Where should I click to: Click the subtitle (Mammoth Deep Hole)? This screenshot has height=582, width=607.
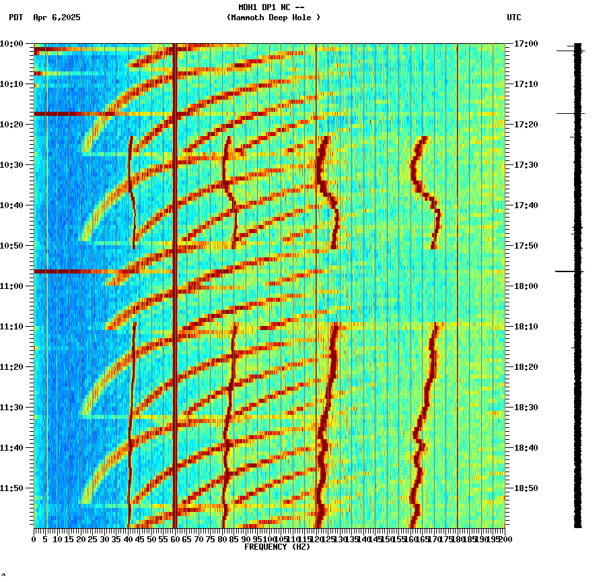(x=273, y=18)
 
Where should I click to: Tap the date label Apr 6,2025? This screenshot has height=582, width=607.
(x=57, y=18)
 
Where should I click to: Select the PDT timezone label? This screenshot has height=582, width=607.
(x=16, y=18)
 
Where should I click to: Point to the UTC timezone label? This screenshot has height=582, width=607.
(x=513, y=18)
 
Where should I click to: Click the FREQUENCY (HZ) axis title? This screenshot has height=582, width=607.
(x=277, y=547)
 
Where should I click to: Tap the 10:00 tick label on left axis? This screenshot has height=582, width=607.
(x=11, y=44)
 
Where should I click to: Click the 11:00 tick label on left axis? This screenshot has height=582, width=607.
(x=11, y=286)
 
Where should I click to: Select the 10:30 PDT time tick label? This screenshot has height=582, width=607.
(x=11, y=165)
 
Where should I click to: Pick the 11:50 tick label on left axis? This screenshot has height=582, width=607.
(x=11, y=488)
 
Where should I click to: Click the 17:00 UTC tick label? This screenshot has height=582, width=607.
(x=526, y=44)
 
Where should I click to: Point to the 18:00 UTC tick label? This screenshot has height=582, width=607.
(x=526, y=286)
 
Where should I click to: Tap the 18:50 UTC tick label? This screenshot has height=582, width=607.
(x=526, y=488)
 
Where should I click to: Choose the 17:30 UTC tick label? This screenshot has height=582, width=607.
(x=526, y=165)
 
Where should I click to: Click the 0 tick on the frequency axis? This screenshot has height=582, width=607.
(x=34, y=539)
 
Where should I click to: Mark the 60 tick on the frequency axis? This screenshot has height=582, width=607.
(x=175, y=539)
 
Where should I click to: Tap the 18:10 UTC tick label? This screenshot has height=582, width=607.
(x=526, y=327)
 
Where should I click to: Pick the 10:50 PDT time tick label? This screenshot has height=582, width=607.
(x=11, y=246)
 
